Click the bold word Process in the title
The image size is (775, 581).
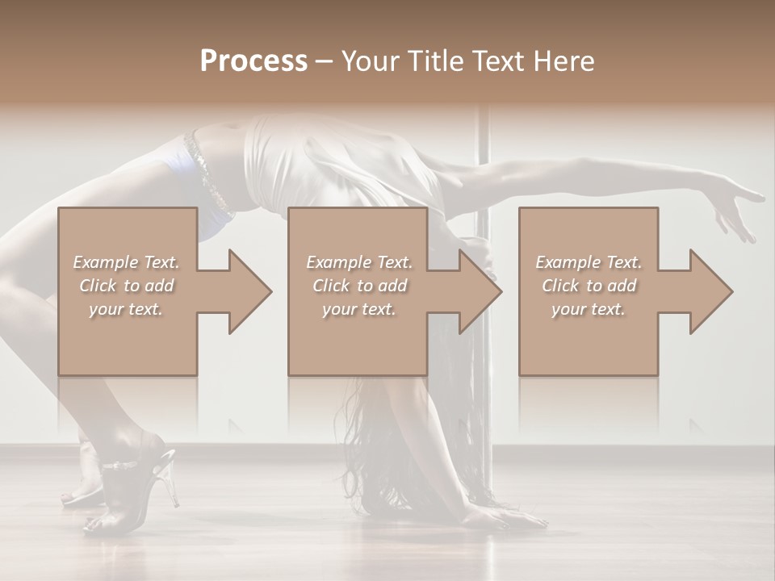[x=253, y=61]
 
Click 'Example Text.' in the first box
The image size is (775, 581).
[x=126, y=261]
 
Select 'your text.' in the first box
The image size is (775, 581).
[x=126, y=309]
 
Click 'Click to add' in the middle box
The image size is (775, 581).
[x=359, y=286]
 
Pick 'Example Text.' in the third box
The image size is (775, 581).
[x=589, y=261]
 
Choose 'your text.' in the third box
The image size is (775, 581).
[x=589, y=309]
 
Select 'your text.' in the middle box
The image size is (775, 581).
[x=359, y=309]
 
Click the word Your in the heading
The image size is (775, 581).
[x=369, y=61]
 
